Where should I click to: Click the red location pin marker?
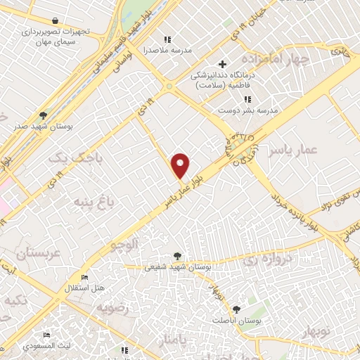click(x=181, y=165)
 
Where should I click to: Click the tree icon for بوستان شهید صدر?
click(x=43, y=115)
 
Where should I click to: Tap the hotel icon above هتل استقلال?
click(x=85, y=278)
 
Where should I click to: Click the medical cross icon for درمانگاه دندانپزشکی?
click(x=223, y=65)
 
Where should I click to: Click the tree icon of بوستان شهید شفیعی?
click(x=176, y=256)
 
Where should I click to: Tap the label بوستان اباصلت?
click(x=238, y=320)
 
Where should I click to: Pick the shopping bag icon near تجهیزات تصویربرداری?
click(x=55, y=20)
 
